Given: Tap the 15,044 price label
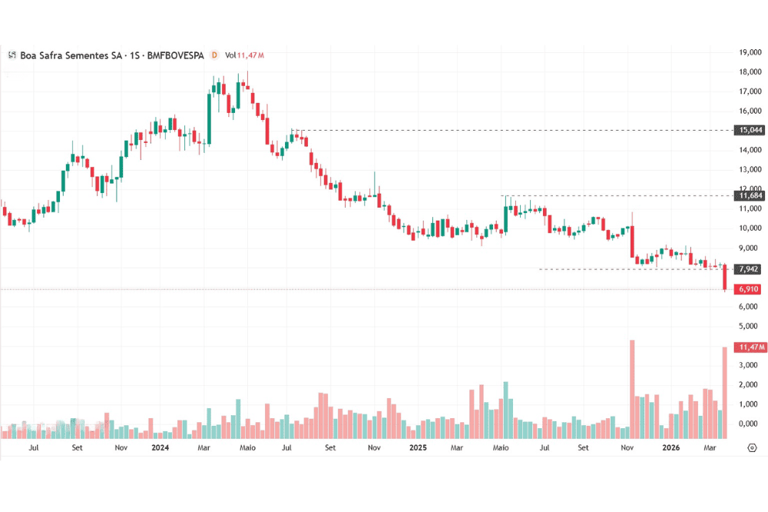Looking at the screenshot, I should click(749, 131).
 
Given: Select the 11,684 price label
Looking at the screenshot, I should click(749, 196).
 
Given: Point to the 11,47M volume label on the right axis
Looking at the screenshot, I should click(749, 347).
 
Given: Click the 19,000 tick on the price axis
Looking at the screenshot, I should click(750, 52).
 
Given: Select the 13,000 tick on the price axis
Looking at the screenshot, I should click(750, 170).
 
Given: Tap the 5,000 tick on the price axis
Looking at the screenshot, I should click(750, 327).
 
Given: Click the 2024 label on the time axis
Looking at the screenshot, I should click(161, 447).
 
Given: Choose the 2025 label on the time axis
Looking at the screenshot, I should click(418, 447).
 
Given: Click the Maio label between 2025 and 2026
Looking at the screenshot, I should click(501, 447).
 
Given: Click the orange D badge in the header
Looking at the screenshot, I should click(214, 55).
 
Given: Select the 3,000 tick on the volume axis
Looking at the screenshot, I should click(750, 366).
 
